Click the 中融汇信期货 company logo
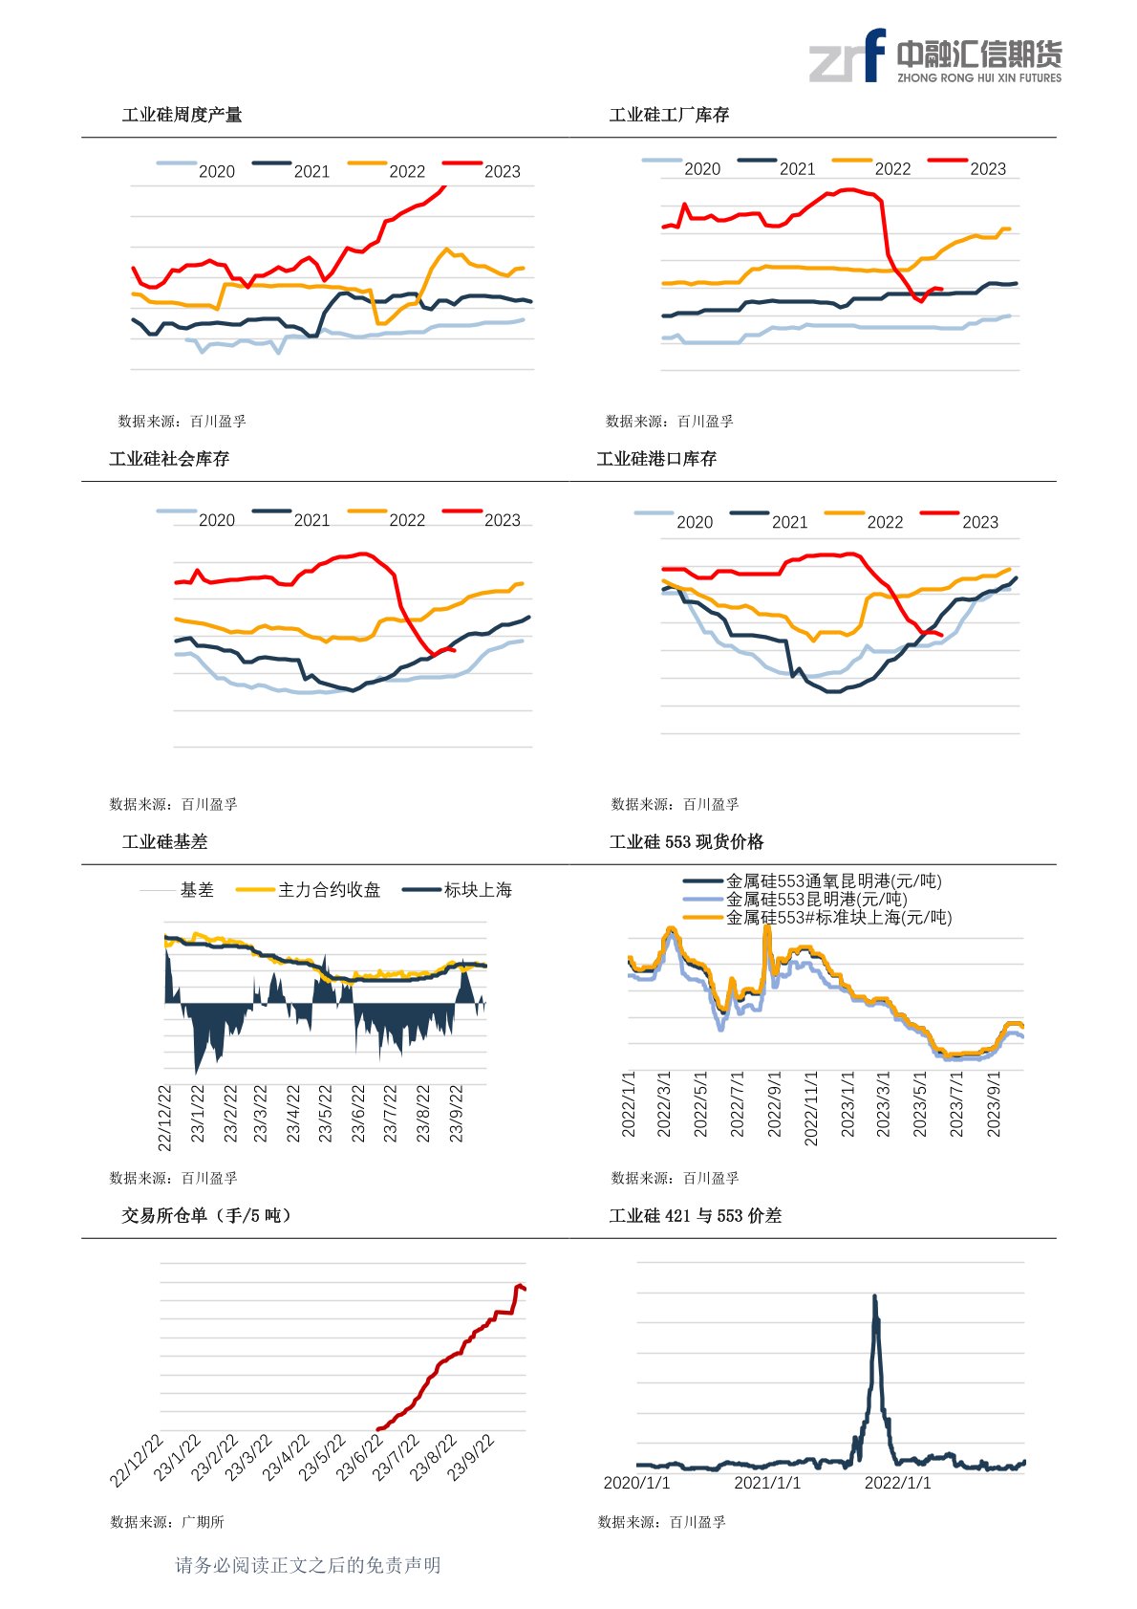[x=935, y=56]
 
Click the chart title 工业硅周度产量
[x=182, y=115]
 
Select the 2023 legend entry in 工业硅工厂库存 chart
[x=967, y=167]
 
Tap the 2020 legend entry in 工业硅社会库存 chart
[x=196, y=518]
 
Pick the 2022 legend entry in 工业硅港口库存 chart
[x=864, y=520]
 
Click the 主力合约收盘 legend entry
[x=308, y=890]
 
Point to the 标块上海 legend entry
[x=458, y=890]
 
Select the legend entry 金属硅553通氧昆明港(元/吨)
[x=812, y=881]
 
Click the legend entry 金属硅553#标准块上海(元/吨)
[x=817, y=917]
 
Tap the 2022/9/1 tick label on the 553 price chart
[x=774, y=1104]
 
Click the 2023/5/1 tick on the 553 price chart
[x=919, y=1104]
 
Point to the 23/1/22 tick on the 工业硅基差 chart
[x=198, y=1114]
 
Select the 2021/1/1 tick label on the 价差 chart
[x=767, y=1483]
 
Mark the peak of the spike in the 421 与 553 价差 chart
[x=874, y=1295]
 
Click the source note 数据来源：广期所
[x=167, y=1521]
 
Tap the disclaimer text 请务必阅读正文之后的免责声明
[x=308, y=1564]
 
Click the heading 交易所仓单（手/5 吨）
[x=206, y=1215]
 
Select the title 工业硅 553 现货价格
[x=686, y=842]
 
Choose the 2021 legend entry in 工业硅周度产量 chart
[x=290, y=169]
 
